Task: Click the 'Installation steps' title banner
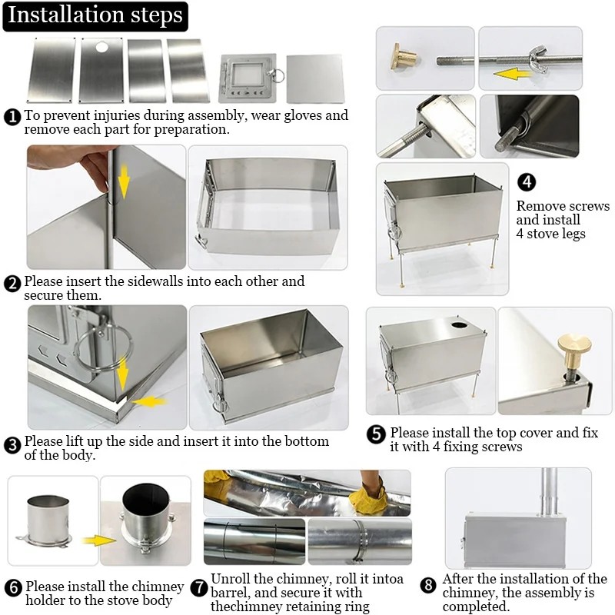coord(96,15)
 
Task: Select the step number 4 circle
coord(527,182)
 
